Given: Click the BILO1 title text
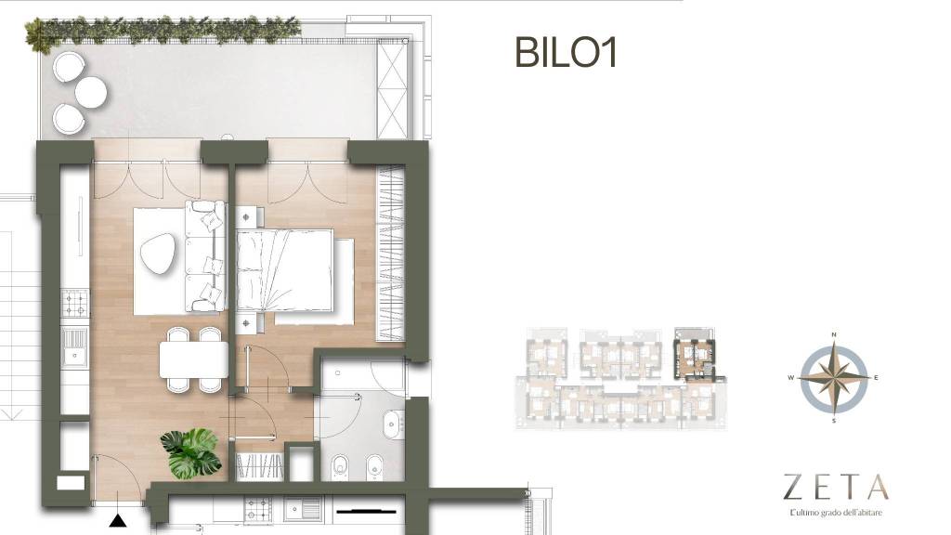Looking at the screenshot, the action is pos(566,53).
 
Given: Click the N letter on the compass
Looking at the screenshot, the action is pos(834,334).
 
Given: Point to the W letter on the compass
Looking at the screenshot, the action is pos(791,377).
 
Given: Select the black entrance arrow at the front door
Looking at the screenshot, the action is pos(118,520).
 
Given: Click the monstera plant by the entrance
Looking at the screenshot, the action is pos(191,452).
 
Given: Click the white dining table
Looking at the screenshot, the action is pos(194,359).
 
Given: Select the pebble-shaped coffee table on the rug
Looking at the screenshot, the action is pos(158,254).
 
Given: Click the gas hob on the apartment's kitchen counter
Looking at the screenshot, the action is pos(76,304).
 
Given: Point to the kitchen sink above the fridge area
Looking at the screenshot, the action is pos(74,348).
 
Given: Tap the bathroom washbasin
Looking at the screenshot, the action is pos(393,423).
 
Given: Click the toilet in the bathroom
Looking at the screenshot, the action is pos(341,466).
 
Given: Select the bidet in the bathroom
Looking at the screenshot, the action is pos(375,466).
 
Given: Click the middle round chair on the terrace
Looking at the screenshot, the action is pos(91,92).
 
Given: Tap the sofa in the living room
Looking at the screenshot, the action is pos(205,255).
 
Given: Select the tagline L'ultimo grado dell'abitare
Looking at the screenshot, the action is pos(836,513).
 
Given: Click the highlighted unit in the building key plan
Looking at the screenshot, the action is pos(695,354).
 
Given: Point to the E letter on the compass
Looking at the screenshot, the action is pos(876,377).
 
